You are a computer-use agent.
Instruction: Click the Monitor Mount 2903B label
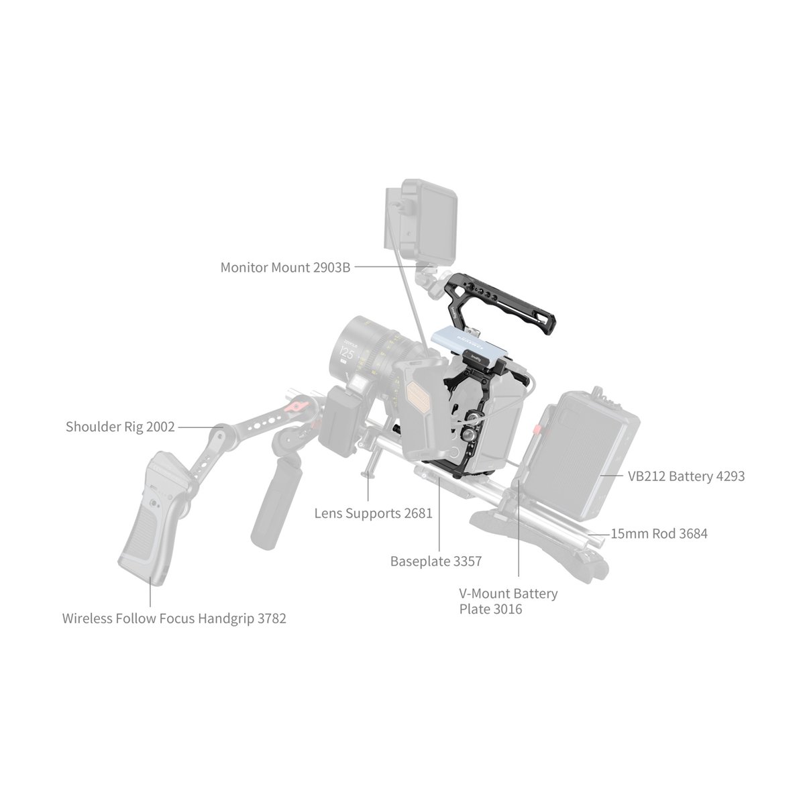[x=285, y=268]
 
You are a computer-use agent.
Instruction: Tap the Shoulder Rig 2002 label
[x=120, y=427]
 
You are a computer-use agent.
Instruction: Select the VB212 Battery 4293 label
[x=686, y=476]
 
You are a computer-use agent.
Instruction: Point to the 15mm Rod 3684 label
[x=659, y=534]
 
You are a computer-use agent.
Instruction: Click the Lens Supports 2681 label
[x=373, y=514]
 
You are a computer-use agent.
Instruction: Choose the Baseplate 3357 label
[x=435, y=561]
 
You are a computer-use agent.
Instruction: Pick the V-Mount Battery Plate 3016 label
[x=508, y=601]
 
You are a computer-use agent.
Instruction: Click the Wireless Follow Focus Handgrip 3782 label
[x=174, y=619]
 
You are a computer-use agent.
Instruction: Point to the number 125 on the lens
[x=347, y=352]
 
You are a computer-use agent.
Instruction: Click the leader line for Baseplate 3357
[x=439, y=517]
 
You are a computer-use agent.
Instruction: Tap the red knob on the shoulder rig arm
[x=296, y=407]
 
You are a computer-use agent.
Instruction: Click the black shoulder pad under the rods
[x=537, y=537]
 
